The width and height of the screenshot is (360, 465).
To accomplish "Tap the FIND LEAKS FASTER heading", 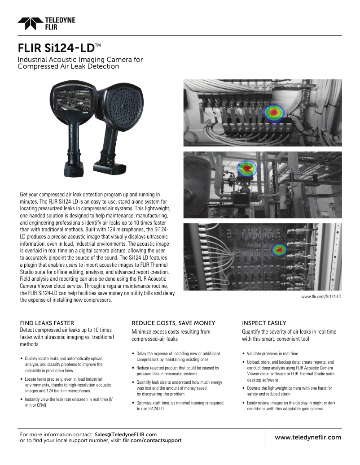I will point(47,323).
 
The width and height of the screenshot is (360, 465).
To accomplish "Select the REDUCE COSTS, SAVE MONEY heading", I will point(173,323).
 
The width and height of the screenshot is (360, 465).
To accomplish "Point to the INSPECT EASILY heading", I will point(264,323).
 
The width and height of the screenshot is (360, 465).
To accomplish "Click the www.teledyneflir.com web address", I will point(307,437).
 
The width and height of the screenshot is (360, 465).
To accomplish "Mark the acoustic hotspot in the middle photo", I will point(245,169).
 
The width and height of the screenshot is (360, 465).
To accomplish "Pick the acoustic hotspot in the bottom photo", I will point(280,249).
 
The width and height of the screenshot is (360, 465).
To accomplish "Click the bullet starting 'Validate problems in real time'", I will point(272,354).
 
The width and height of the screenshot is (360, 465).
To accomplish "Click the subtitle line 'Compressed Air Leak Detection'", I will point(68,66).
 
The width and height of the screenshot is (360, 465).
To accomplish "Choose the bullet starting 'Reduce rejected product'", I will point(177,370).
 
